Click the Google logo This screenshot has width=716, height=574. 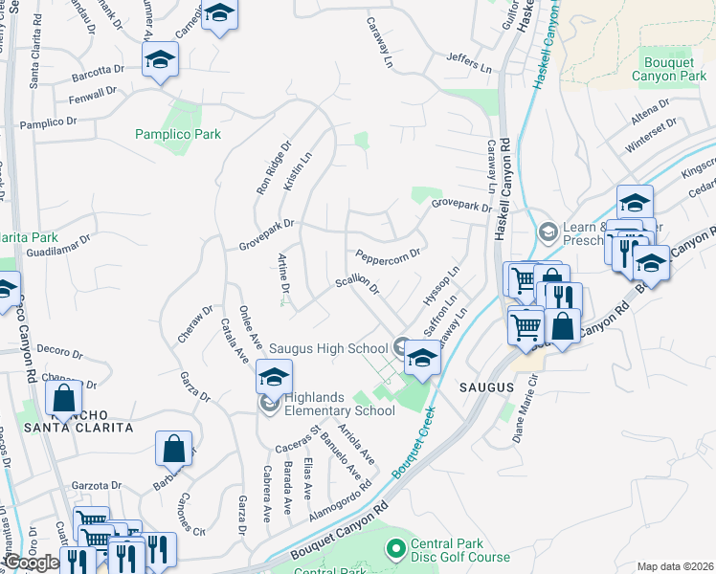[31, 563]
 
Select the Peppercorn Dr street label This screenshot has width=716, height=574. [387, 255]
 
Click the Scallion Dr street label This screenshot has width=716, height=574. [357, 286]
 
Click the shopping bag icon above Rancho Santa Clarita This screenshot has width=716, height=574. [64, 396]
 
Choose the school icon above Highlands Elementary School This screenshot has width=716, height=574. [274, 376]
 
